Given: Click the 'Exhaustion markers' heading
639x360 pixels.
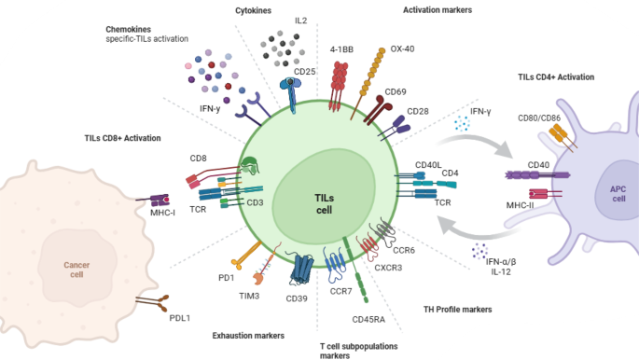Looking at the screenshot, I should [249, 333].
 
